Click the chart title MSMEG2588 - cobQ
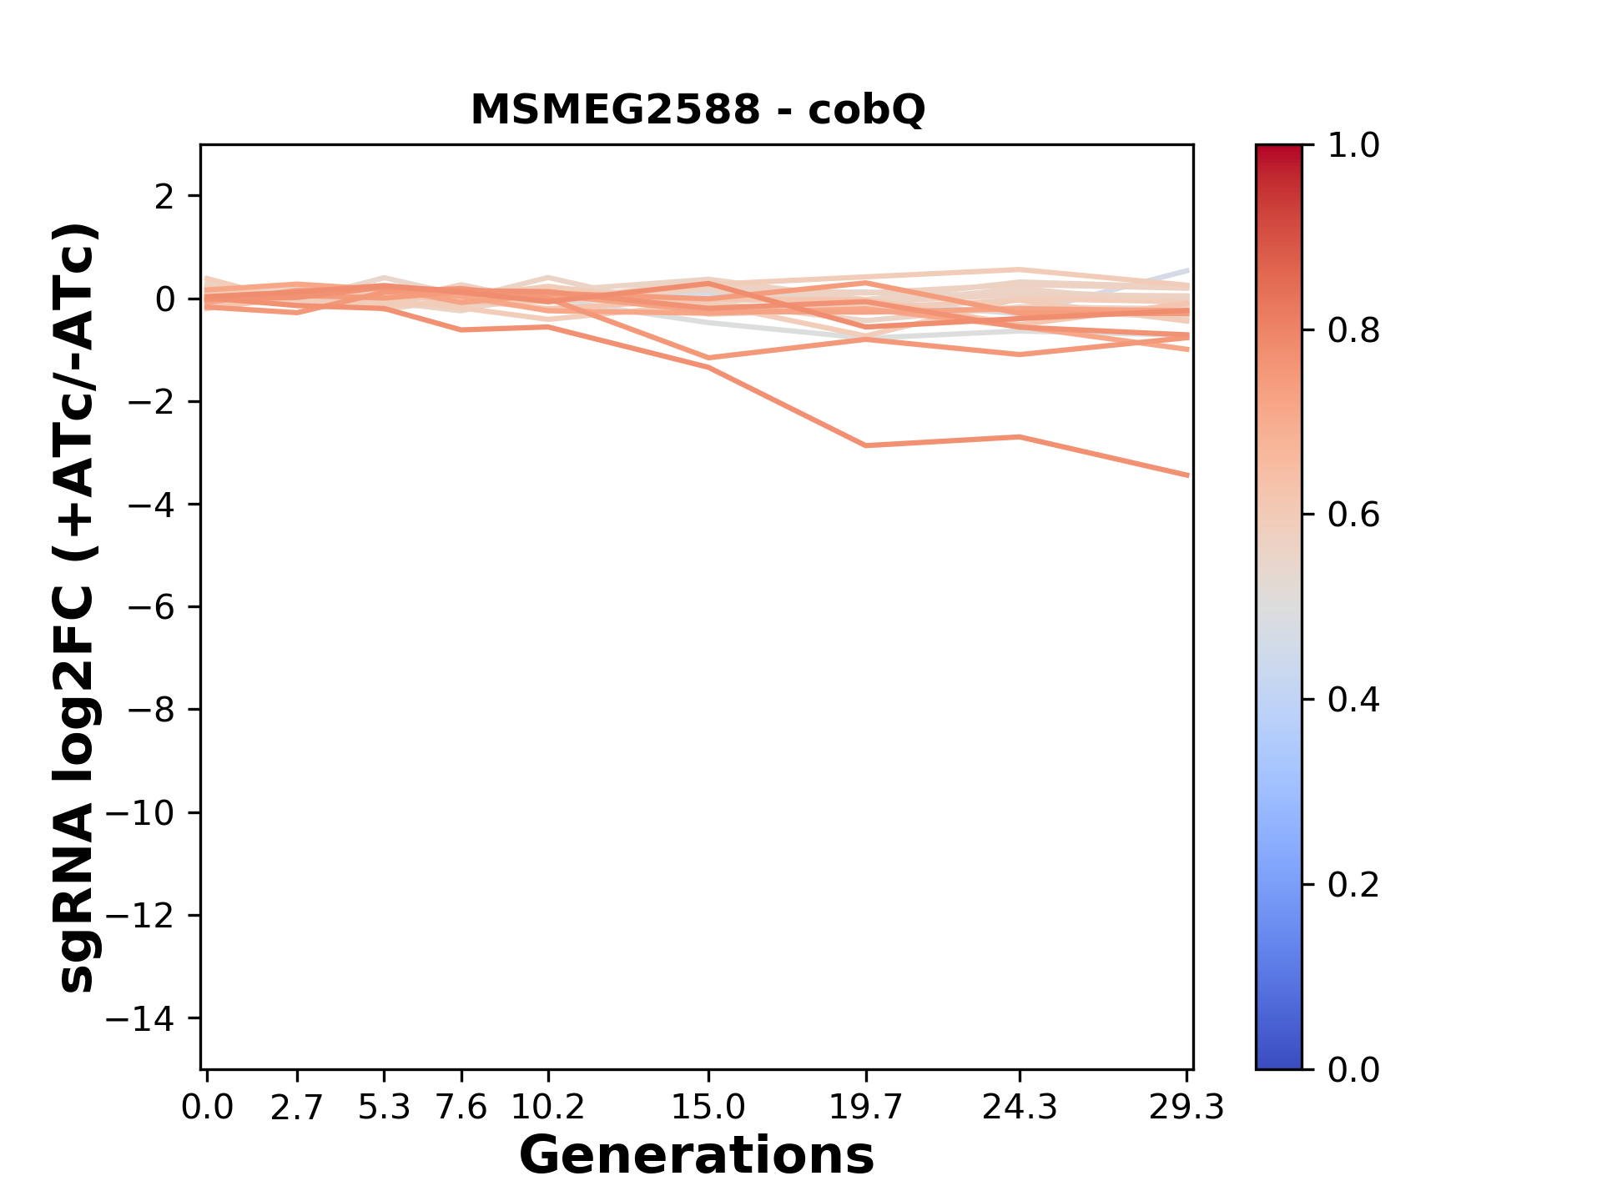click(x=698, y=110)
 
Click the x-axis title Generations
click(x=697, y=1156)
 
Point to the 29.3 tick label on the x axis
click(x=1186, y=1108)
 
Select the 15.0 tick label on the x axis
click(x=708, y=1108)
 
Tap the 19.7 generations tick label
click(x=866, y=1108)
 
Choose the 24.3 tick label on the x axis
click(x=1020, y=1108)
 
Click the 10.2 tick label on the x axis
click(x=547, y=1108)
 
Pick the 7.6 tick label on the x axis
click(x=461, y=1108)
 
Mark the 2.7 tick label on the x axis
click(x=297, y=1108)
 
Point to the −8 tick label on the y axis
click(x=151, y=710)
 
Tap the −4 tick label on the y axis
click(x=151, y=505)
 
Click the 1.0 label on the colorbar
click(x=1353, y=146)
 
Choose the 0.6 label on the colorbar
click(x=1353, y=515)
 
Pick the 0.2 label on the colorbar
click(x=1353, y=885)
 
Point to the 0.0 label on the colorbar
click(x=1353, y=1069)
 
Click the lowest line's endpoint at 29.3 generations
click(x=1188, y=475)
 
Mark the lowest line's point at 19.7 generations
click(x=867, y=445)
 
